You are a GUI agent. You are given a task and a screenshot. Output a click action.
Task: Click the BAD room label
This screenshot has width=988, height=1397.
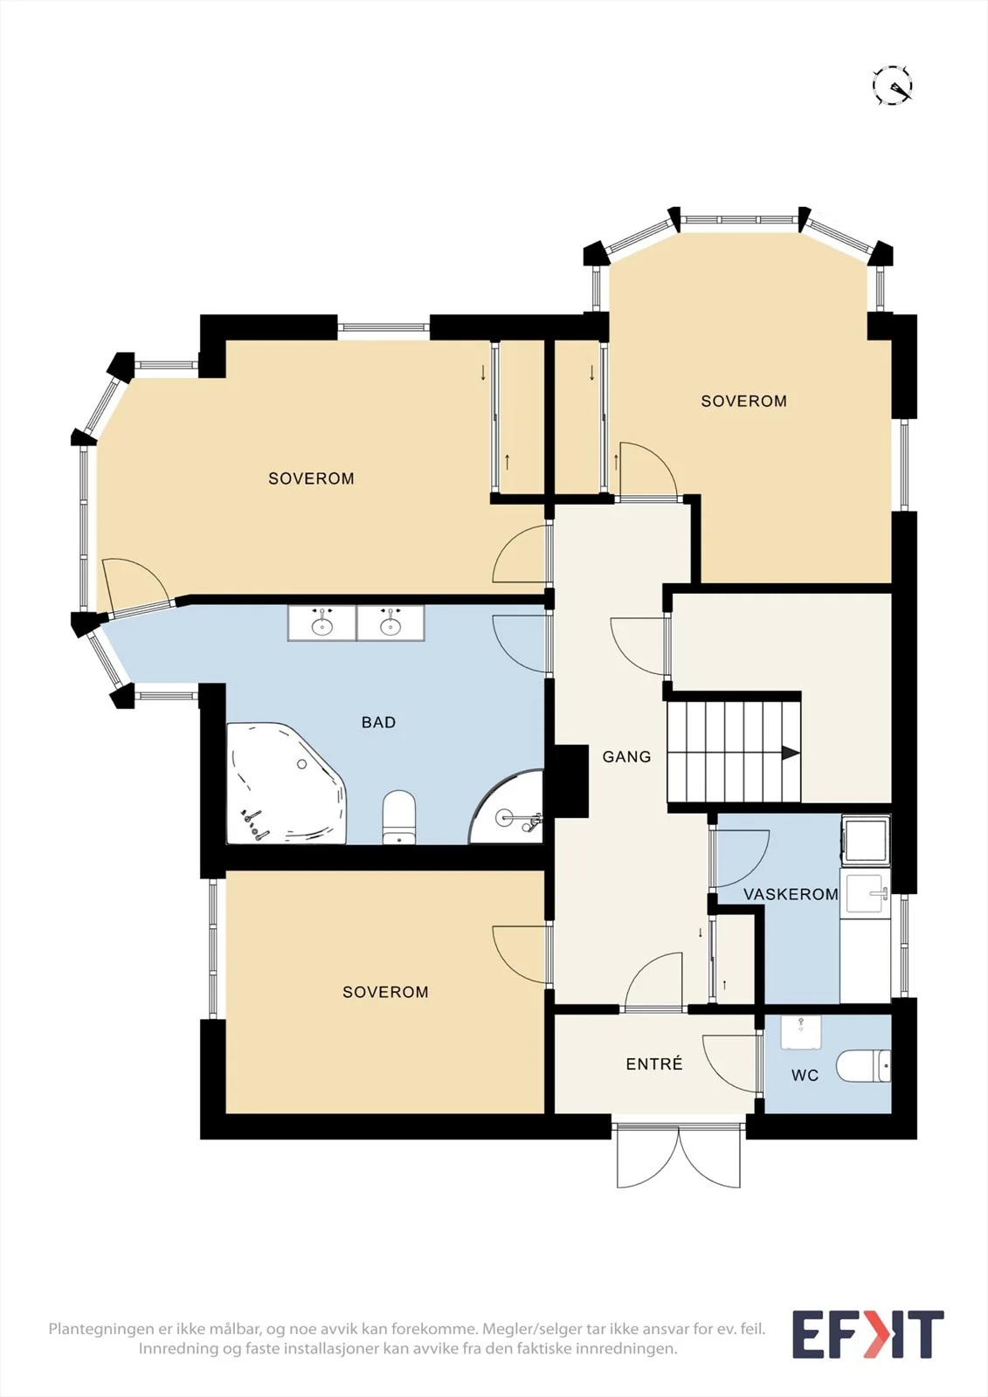378,722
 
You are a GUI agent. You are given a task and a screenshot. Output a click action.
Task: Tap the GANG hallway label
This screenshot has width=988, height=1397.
626,756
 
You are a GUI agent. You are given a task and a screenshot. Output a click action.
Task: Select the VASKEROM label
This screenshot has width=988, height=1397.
791,894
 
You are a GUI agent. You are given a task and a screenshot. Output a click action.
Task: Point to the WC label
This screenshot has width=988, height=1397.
805,1075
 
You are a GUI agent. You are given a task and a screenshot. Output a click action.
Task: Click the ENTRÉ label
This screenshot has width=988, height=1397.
654,1064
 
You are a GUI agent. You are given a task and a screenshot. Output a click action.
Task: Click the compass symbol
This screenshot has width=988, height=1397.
893,85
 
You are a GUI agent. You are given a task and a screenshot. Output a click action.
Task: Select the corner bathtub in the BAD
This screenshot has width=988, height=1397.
286,783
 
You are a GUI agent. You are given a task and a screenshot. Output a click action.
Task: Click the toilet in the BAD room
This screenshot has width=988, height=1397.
399,817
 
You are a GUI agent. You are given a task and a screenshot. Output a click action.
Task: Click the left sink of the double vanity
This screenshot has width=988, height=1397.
322,623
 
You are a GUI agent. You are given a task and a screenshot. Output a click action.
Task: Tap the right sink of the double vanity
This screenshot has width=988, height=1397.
390,623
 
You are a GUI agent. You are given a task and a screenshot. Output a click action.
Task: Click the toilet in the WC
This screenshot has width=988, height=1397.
863,1066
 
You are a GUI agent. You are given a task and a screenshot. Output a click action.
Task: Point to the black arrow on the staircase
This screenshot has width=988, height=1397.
791,753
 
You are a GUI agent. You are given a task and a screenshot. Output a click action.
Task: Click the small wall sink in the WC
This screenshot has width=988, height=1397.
800,1033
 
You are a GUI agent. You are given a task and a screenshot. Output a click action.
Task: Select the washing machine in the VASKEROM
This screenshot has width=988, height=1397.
866,841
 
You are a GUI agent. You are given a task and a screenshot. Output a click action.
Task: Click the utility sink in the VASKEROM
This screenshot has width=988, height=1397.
866,894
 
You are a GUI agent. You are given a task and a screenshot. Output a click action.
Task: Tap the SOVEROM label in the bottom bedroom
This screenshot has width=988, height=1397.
386,992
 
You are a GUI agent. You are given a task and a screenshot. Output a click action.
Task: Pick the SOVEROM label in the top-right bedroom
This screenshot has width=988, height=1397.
744,401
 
